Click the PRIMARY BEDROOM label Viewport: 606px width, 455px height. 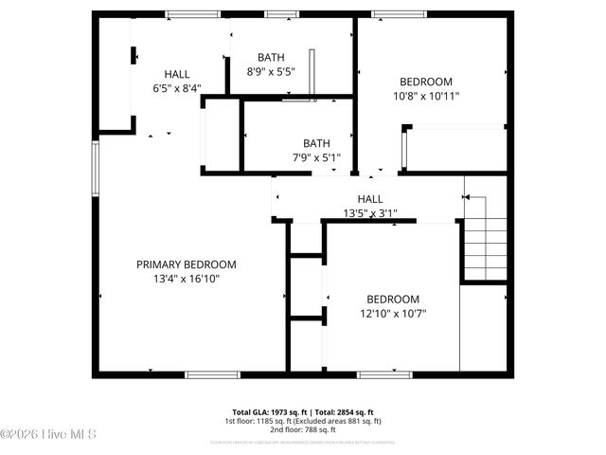pos(187,264)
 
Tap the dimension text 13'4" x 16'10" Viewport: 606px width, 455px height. pos(187,279)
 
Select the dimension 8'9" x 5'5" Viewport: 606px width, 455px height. pos(271,71)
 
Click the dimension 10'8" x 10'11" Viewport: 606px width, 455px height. pos(425,96)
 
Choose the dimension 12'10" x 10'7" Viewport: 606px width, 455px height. pos(393,313)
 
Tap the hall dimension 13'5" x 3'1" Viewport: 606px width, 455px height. pos(369,213)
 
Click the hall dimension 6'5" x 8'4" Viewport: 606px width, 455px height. pos(177,88)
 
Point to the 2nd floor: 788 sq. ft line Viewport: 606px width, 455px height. pos(302,428)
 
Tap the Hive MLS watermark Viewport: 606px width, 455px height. pos(49,435)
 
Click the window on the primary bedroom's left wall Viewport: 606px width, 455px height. pos(95,168)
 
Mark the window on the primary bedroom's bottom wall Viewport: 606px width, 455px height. pos(214,374)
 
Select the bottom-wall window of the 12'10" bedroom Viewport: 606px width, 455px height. pos(384,374)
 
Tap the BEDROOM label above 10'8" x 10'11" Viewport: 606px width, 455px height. pos(425,82)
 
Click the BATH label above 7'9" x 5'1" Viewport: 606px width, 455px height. pos(316,143)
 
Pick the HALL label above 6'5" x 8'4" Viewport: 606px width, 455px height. pos(177,74)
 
